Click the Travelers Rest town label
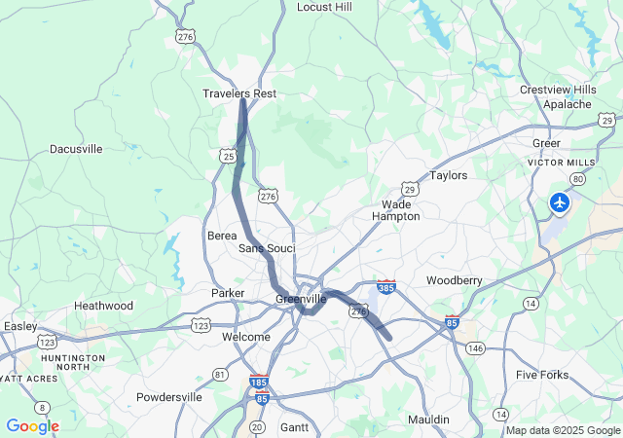[239, 93]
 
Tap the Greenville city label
[301, 299]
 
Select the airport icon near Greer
[560, 202]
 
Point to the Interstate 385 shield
[386, 287]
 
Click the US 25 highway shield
[228, 156]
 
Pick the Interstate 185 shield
[259, 383]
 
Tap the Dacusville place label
[76, 149]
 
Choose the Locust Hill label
[324, 7]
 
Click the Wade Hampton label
[396, 210]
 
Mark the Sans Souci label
[267, 249]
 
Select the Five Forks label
[541, 375]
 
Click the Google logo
[32, 426]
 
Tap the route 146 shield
[475, 347]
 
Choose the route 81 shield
[220, 375]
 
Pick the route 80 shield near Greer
[578, 179]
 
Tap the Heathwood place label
[104, 306]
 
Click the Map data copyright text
[563, 430]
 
